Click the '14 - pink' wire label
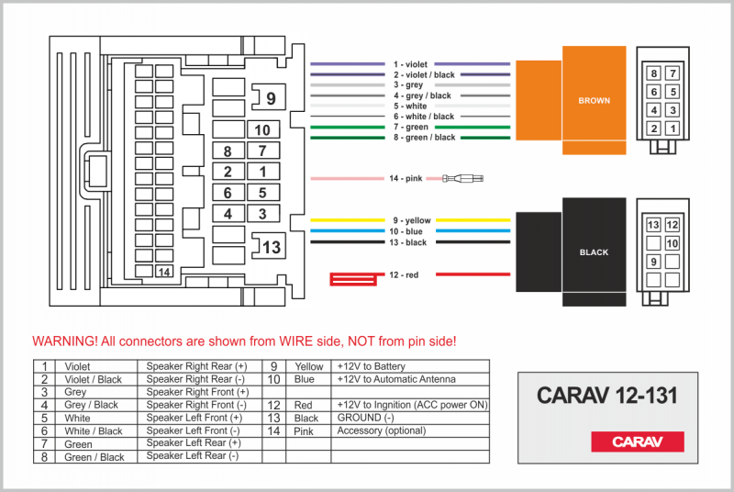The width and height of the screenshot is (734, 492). (405, 178)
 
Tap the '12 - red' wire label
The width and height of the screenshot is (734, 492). (405, 274)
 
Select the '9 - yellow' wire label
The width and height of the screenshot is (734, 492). (411, 220)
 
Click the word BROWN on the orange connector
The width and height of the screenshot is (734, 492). (594, 101)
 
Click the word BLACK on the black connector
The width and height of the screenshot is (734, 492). (594, 252)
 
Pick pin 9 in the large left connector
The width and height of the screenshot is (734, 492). (271, 97)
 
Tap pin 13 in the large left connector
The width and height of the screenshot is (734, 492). (271, 247)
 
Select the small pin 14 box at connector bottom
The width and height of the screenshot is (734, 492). (164, 272)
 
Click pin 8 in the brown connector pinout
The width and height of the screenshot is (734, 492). (654, 73)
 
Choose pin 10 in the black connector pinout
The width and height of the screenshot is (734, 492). (673, 243)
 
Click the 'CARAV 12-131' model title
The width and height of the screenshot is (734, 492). (606, 396)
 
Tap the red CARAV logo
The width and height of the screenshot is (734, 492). (637, 442)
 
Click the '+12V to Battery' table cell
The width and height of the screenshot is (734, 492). (370, 365)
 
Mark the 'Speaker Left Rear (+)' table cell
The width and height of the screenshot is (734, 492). (195, 443)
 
